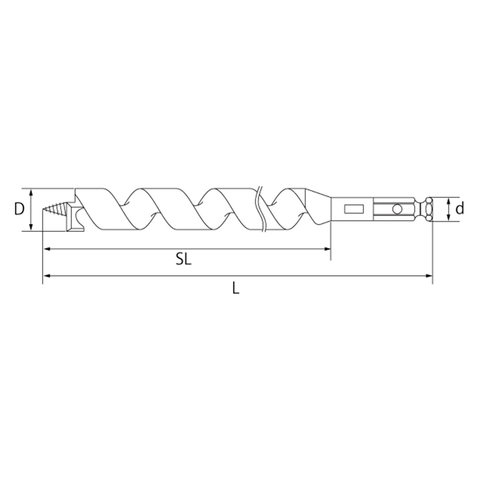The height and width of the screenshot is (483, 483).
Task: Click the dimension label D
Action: click(19, 209)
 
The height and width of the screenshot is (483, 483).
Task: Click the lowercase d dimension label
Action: click(460, 209)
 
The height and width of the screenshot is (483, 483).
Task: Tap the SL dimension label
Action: click(183, 260)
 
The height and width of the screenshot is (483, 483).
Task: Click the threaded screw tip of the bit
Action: click(55, 209)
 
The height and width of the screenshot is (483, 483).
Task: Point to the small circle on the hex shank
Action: click(397, 209)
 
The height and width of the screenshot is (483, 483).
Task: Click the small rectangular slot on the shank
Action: click(354, 209)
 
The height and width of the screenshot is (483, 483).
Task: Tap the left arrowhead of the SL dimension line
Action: click(47, 249)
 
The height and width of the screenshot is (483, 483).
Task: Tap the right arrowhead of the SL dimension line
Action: click(327, 249)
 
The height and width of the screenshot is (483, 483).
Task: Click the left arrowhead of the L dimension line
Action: click(47, 276)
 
